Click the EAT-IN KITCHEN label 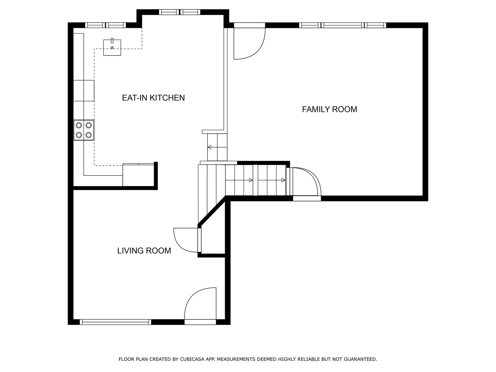tap(153, 98)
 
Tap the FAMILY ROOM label tap(330, 109)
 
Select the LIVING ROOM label tap(144, 251)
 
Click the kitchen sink tap(112, 47)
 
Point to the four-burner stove tap(84, 130)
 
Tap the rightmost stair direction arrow tap(271, 180)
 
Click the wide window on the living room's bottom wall tap(115, 322)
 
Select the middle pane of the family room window tap(343, 25)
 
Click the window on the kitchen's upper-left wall tap(105, 25)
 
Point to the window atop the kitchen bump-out tap(179, 12)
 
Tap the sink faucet tap(112, 41)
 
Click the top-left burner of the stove tap(79, 125)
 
